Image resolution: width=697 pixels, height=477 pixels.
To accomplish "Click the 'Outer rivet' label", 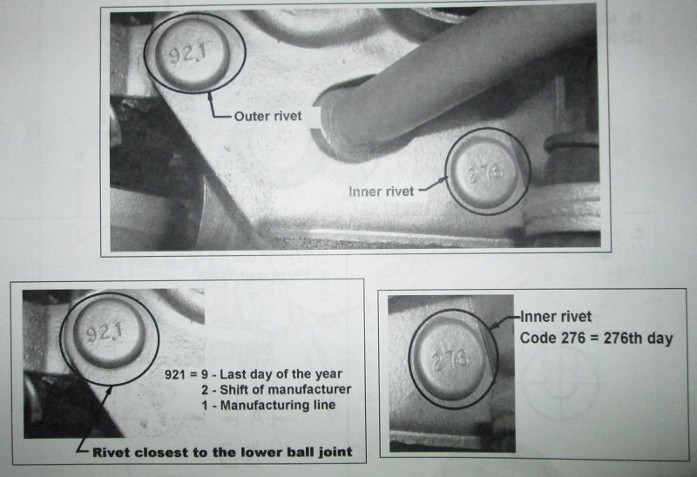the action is click(x=267, y=117).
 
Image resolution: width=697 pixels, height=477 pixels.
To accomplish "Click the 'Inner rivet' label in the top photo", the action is click(x=382, y=191).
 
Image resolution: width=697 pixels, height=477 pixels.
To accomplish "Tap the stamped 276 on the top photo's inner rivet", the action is click(x=486, y=174).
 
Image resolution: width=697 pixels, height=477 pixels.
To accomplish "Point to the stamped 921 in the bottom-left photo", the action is click(x=105, y=332).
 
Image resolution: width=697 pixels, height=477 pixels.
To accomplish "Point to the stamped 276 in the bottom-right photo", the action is click(x=450, y=359).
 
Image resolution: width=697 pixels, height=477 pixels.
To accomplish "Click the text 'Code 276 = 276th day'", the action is click(x=596, y=339).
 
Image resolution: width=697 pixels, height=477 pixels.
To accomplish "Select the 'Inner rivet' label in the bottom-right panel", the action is click(x=556, y=317).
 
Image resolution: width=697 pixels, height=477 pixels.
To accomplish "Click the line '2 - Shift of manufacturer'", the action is click(x=276, y=389).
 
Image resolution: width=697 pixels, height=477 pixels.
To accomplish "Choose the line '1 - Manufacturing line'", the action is click(x=268, y=405).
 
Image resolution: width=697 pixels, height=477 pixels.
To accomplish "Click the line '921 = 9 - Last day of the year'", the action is click(x=254, y=374).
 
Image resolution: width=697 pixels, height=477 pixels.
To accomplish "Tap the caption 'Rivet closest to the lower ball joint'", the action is click(x=222, y=453).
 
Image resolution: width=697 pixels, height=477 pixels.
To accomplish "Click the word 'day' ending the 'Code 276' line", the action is click(x=660, y=339).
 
